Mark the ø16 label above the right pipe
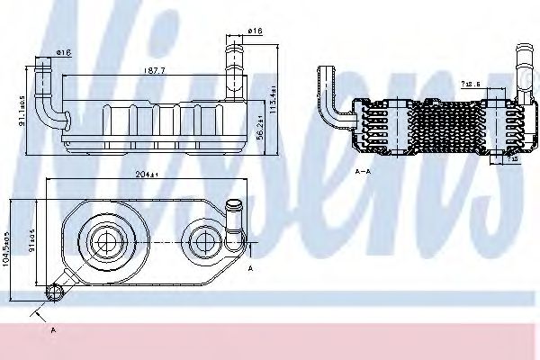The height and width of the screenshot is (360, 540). pyautogui.click(x=255, y=32)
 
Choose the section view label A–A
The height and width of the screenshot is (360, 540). pyautogui.click(x=364, y=167)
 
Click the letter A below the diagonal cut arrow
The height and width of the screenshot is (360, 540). pyautogui.click(x=54, y=329)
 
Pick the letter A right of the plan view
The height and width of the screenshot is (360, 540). pyautogui.click(x=249, y=267)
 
